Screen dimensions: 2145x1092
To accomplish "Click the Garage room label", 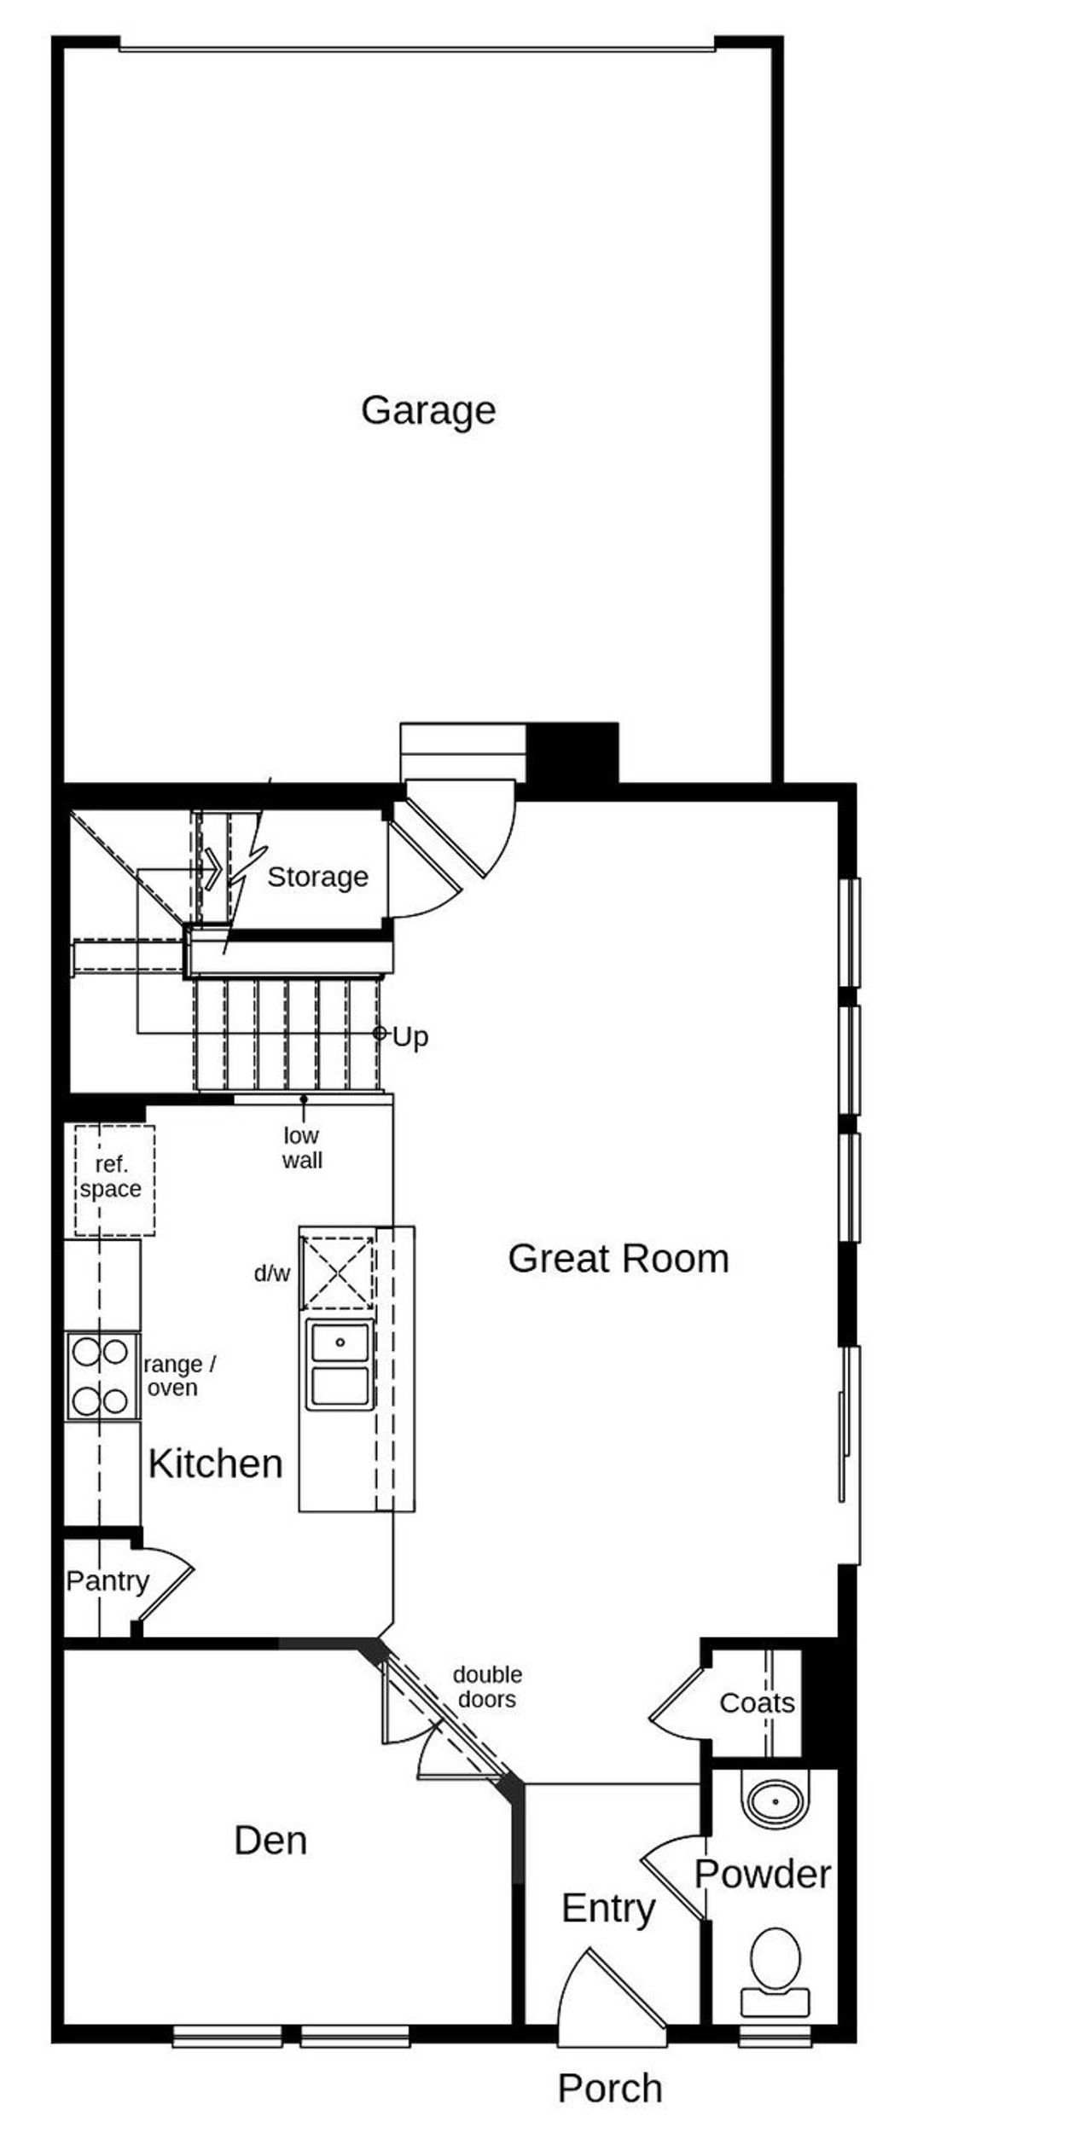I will tap(428, 411).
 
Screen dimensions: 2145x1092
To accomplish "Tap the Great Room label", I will tap(619, 1259).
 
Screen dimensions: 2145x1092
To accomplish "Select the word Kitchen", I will tap(215, 1464).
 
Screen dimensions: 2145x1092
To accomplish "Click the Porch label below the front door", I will tap(609, 2089).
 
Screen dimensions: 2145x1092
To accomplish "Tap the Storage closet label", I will tap(317, 877).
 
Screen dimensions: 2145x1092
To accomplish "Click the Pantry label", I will tap(107, 1581).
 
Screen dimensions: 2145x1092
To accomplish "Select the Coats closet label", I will tap(757, 1703).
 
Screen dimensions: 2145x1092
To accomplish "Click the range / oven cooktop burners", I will tap(101, 1377).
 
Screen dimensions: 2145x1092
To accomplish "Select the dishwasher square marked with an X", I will tap(338, 1273).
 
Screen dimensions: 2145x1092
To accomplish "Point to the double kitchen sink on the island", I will tap(340, 1365).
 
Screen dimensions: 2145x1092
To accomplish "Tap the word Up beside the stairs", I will tap(410, 1037).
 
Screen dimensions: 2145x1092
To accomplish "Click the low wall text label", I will tap(302, 1148).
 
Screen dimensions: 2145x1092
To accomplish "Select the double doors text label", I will tap(487, 1687).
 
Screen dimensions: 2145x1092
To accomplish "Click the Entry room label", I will tap(608, 1908).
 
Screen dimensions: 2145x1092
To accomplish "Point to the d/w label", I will tap(272, 1274).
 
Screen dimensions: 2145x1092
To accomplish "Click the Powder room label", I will tap(763, 1875).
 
